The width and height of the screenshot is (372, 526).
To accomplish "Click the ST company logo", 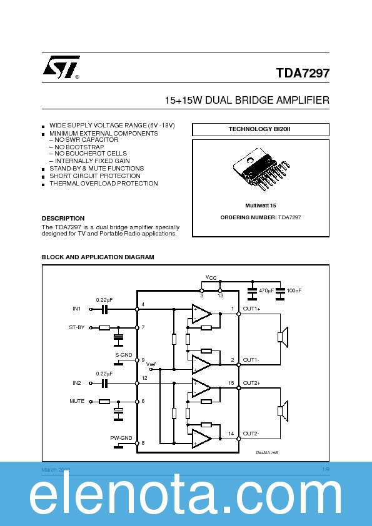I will (61, 68).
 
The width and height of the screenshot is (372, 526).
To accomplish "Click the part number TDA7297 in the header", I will (303, 73).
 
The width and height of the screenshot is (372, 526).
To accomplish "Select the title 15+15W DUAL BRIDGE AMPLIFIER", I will (247, 101).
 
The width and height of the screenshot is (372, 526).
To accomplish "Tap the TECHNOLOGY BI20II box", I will (260, 129).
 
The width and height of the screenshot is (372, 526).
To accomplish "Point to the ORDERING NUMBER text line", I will (260, 217).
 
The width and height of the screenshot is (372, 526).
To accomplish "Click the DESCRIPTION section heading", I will (63, 219).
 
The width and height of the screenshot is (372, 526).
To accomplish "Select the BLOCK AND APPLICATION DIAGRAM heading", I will (98, 257).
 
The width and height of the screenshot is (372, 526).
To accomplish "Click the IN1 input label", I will (76, 309).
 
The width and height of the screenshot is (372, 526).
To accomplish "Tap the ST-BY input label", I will (76, 327).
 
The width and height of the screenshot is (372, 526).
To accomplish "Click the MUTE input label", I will (76, 401).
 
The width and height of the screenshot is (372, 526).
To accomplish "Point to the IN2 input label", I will (76, 382).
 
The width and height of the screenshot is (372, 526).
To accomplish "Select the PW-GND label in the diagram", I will (123, 437).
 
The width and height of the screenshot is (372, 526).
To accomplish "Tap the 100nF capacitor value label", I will (293, 291).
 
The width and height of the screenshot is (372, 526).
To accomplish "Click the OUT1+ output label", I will (252, 309).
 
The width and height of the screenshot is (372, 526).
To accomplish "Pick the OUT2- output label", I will (252, 434).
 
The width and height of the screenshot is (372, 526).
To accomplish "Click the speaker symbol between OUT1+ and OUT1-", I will (282, 337).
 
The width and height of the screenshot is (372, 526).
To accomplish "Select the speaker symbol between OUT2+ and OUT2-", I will (282, 410).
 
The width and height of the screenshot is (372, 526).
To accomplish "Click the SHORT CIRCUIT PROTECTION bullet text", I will (95, 176).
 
